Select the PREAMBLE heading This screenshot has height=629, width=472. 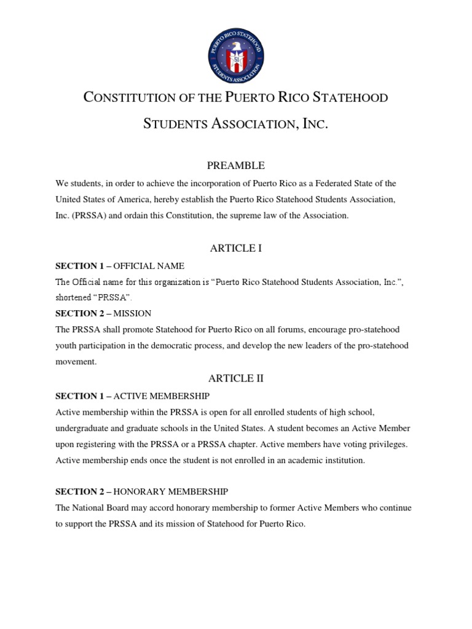click(236, 165)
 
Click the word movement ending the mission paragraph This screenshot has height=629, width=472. click(76, 362)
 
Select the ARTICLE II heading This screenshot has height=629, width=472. click(236, 378)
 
